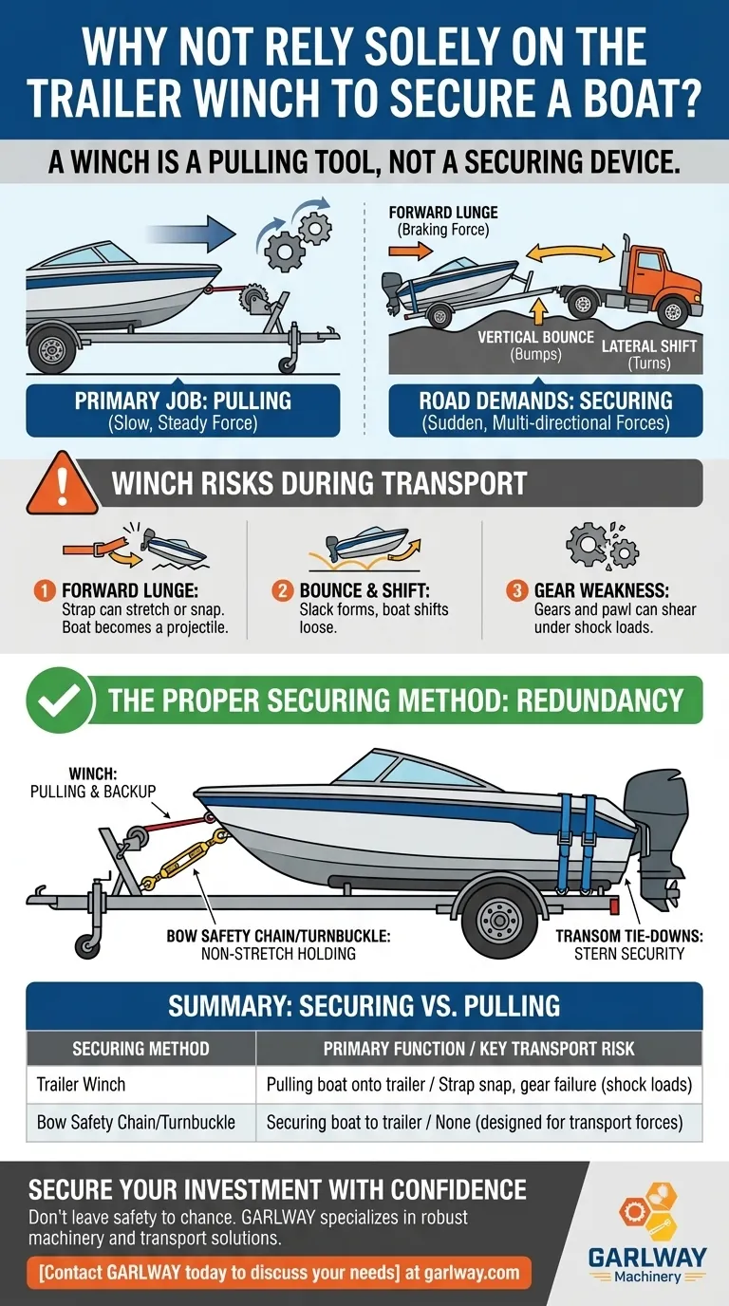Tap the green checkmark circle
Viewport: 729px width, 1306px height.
[x=60, y=700]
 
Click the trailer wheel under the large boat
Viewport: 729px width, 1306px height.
[x=499, y=920]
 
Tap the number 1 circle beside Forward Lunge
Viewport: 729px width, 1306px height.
[x=45, y=590]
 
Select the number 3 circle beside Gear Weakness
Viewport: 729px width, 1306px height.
[x=516, y=590]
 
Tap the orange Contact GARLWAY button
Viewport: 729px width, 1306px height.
[x=279, y=1272]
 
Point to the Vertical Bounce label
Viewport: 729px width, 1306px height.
[x=536, y=345]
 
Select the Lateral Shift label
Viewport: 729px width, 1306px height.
[x=649, y=354]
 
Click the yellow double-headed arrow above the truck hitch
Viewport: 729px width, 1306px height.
[x=570, y=253]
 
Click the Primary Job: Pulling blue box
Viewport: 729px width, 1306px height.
[x=183, y=410]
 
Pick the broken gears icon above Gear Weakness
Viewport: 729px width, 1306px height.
[x=602, y=546]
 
